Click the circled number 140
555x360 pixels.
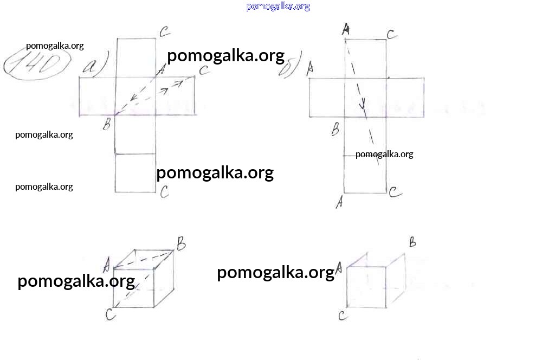click(x=37, y=65)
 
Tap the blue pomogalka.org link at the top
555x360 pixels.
click(x=278, y=7)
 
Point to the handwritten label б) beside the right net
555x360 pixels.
click(x=291, y=65)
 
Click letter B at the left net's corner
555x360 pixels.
click(x=107, y=124)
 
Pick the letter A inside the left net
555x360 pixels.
click(x=161, y=69)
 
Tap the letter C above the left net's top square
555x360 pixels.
click(x=165, y=32)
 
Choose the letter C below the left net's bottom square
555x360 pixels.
click(x=164, y=192)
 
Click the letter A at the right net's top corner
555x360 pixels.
click(x=346, y=29)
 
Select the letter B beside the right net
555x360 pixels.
click(x=335, y=129)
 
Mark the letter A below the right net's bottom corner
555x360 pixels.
click(x=339, y=202)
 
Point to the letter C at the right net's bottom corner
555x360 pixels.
click(x=395, y=192)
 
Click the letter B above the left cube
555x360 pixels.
click(x=181, y=244)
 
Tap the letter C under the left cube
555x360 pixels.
click(x=111, y=314)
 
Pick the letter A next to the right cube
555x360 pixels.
click(x=339, y=268)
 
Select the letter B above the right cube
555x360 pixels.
click(x=412, y=242)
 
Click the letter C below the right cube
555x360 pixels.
click(x=343, y=316)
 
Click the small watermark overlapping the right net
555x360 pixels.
click(x=384, y=155)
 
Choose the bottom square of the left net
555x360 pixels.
click(x=135, y=173)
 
